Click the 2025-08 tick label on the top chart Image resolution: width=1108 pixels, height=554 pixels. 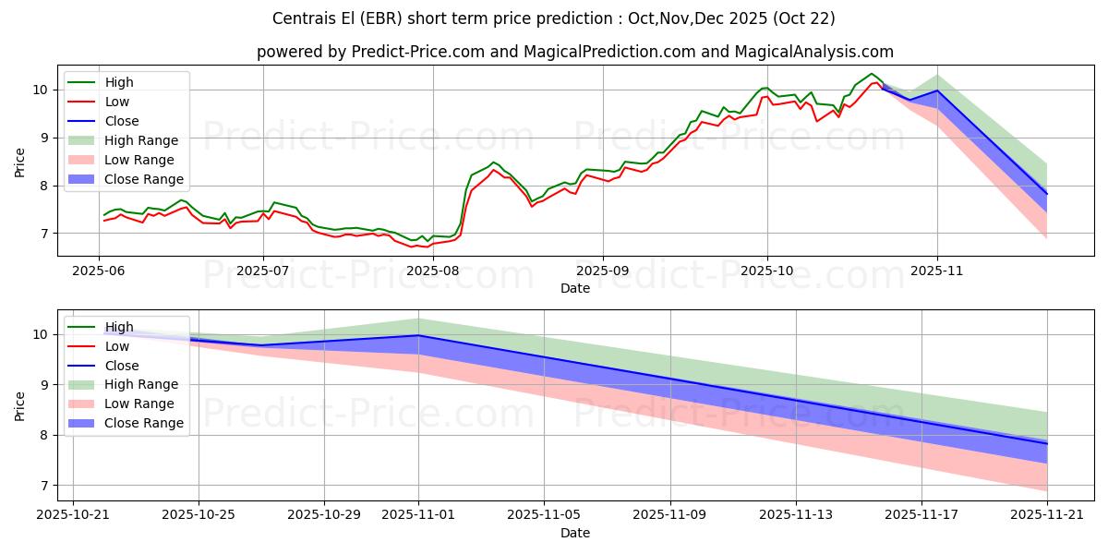click(432, 271)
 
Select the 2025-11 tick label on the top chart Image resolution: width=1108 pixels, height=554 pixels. click(937, 271)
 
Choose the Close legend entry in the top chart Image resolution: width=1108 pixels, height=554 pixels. click(122, 121)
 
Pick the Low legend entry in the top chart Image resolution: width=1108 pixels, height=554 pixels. click(117, 102)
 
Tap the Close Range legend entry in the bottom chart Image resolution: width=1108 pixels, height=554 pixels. click(143, 423)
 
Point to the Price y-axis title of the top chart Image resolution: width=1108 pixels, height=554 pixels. click(19, 162)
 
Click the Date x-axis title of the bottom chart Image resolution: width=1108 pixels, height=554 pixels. click(574, 533)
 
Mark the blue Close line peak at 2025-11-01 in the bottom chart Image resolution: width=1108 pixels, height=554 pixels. click(418, 335)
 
